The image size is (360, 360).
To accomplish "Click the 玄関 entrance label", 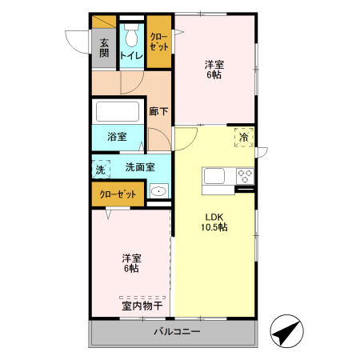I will point(104,48).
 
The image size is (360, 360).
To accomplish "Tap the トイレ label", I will point(131,55).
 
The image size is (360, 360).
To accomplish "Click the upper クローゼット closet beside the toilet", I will point(158,42).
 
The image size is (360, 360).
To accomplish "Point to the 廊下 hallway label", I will point(158,111).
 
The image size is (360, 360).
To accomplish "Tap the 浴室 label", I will point(117,136).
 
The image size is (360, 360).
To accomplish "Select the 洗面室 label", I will point(139,168).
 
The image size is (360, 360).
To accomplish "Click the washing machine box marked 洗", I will point(100,170).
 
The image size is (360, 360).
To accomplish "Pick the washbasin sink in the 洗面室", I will point(158,191).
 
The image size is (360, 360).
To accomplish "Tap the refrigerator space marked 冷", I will point(244,138).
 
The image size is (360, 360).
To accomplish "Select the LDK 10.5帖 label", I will point(214,222).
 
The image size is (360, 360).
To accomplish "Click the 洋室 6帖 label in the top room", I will point(213,69).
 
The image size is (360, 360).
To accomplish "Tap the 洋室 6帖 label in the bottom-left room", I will point(132,263).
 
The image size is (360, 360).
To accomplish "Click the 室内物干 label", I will point(142,306).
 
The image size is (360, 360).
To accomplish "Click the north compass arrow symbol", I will point(287,330).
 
